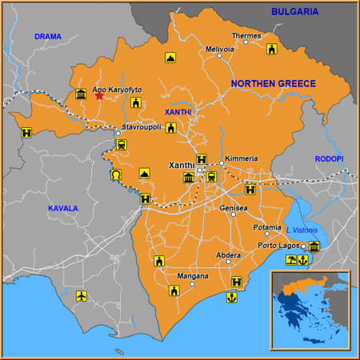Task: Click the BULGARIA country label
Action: tap(294, 11)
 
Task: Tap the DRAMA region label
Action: tap(47, 37)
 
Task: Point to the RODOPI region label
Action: tap(328, 159)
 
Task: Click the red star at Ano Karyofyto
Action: tap(99, 96)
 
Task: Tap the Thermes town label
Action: tap(246, 36)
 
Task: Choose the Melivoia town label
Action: tap(220, 49)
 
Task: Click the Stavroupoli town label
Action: tap(142, 126)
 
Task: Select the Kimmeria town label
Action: tap(242, 158)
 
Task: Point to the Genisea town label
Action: tap(234, 208)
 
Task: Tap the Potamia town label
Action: tap(266, 227)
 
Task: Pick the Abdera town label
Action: tap(228, 255)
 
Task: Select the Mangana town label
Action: tap(192, 277)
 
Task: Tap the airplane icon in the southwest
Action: tap(81, 297)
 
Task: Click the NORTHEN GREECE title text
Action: tap(273, 83)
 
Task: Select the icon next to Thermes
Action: tap(271, 50)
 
